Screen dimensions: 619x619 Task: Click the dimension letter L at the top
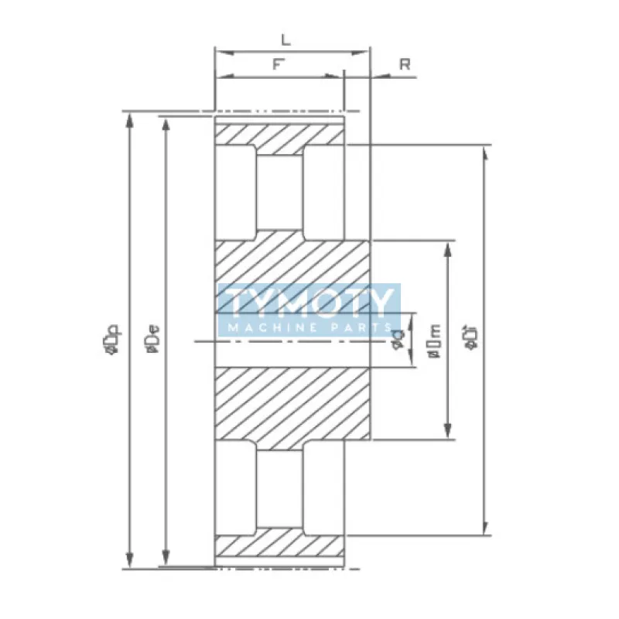click(286, 38)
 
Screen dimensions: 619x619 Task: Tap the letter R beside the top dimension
click(404, 64)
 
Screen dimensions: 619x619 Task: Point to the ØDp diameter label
click(111, 341)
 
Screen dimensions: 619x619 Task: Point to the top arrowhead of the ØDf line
click(485, 152)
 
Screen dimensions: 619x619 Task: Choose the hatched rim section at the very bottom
click(279, 545)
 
